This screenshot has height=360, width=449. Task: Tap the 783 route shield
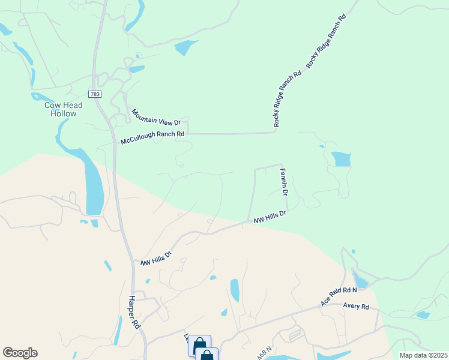tap(95, 94)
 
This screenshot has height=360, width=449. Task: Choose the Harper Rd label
tap(134, 312)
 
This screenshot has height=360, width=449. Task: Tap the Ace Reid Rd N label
tap(339, 296)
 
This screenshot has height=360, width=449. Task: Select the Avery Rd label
tap(356, 307)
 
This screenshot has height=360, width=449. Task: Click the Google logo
tap(20, 353)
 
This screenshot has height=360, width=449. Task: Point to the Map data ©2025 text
tap(423, 355)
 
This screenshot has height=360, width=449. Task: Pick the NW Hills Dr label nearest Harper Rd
tap(156, 259)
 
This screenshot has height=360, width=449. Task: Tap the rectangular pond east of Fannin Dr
tap(341, 159)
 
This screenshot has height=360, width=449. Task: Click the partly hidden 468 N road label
tap(265, 353)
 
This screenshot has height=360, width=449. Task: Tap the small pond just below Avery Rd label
tap(423, 315)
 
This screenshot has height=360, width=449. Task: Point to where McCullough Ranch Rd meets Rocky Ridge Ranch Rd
tap(276, 131)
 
